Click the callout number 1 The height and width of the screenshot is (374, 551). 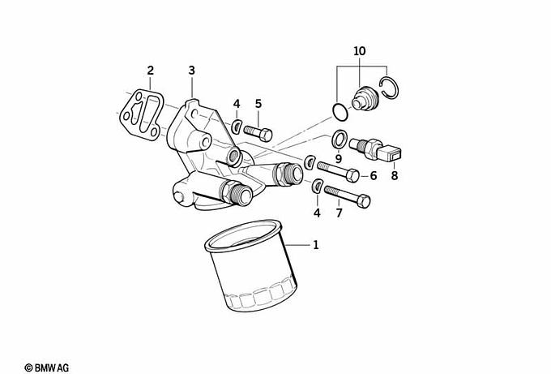point(315,244)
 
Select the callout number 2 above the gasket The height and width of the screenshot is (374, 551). point(151,71)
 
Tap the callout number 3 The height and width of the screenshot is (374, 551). point(191,71)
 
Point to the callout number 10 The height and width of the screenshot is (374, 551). point(360,51)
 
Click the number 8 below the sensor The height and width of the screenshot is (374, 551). point(395,175)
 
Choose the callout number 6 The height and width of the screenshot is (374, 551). point(374,175)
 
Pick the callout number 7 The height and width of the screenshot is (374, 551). point(339,213)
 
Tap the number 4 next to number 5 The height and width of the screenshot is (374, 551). point(237,104)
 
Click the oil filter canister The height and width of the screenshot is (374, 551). point(251,266)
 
